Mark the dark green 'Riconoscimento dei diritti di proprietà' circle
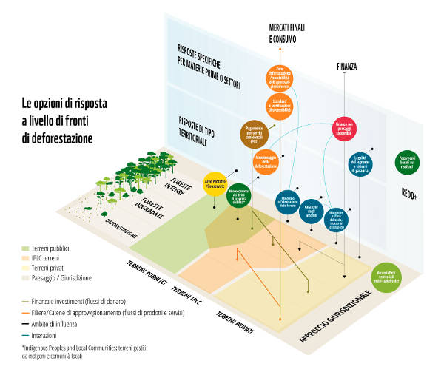coord(242,195)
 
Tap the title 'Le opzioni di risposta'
coord(64,105)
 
